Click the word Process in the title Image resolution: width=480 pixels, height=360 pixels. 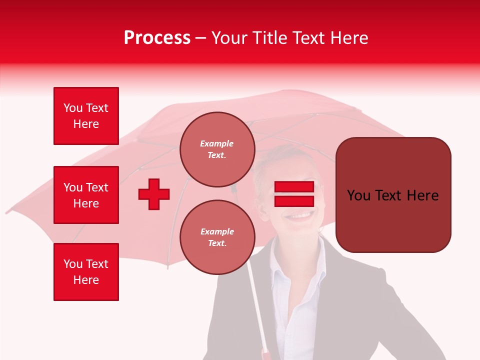(x=157, y=38)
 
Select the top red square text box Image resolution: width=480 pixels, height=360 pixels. (x=86, y=116)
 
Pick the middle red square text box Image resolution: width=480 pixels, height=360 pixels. (x=86, y=195)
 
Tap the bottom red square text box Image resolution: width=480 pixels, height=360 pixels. (x=86, y=272)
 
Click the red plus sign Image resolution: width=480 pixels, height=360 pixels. (x=154, y=194)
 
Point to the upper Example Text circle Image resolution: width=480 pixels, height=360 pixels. (x=217, y=149)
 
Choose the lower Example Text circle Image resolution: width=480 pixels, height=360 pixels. (x=217, y=237)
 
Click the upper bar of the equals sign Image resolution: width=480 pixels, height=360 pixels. (x=294, y=187)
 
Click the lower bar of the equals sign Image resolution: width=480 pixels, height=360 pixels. (x=294, y=201)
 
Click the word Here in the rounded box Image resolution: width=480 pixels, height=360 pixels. (x=422, y=195)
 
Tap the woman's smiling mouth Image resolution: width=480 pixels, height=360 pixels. (x=300, y=215)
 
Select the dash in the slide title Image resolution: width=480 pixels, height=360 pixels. (x=200, y=38)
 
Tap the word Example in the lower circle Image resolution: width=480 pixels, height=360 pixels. (x=217, y=231)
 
